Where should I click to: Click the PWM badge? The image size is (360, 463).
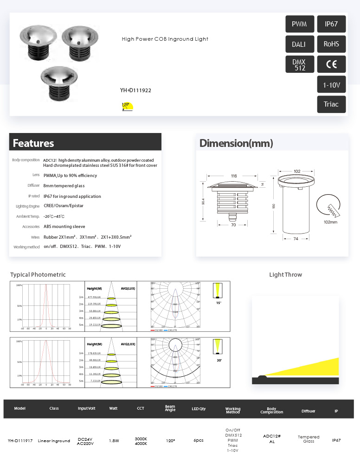pyautogui.click(x=299, y=24)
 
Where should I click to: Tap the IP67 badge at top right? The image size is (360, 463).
pyautogui.click(x=331, y=24)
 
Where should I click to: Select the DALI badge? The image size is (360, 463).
pyautogui.click(x=299, y=44)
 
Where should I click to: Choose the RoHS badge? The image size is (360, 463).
pyautogui.click(x=331, y=44)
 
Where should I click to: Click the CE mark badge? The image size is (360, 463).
pyautogui.click(x=331, y=64)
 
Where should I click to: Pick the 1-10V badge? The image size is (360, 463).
pyautogui.click(x=331, y=85)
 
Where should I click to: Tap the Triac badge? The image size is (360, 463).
pyautogui.click(x=331, y=105)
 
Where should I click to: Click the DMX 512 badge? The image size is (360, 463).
pyautogui.click(x=299, y=64)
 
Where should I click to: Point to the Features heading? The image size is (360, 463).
pyautogui.click(x=33, y=143)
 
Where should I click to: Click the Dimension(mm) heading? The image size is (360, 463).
pyautogui.click(x=236, y=143)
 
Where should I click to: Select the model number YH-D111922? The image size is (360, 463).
pyautogui.click(x=135, y=90)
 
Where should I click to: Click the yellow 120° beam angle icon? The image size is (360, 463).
pyautogui.click(x=127, y=106)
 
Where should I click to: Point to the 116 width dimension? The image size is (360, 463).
pyautogui.click(x=234, y=176)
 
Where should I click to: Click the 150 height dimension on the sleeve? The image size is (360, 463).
pyautogui.click(x=274, y=206)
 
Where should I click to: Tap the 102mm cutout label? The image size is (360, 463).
pyautogui.click(x=330, y=222)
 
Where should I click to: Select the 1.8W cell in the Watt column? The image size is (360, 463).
pyautogui.click(x=114, y=441)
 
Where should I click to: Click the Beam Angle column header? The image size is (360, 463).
pyautogui.click(x=170, y=409)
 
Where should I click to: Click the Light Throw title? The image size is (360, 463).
pyautogui.click(x=285, y=275)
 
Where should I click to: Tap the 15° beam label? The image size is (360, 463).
pyautogui.click(x=219, y=303)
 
